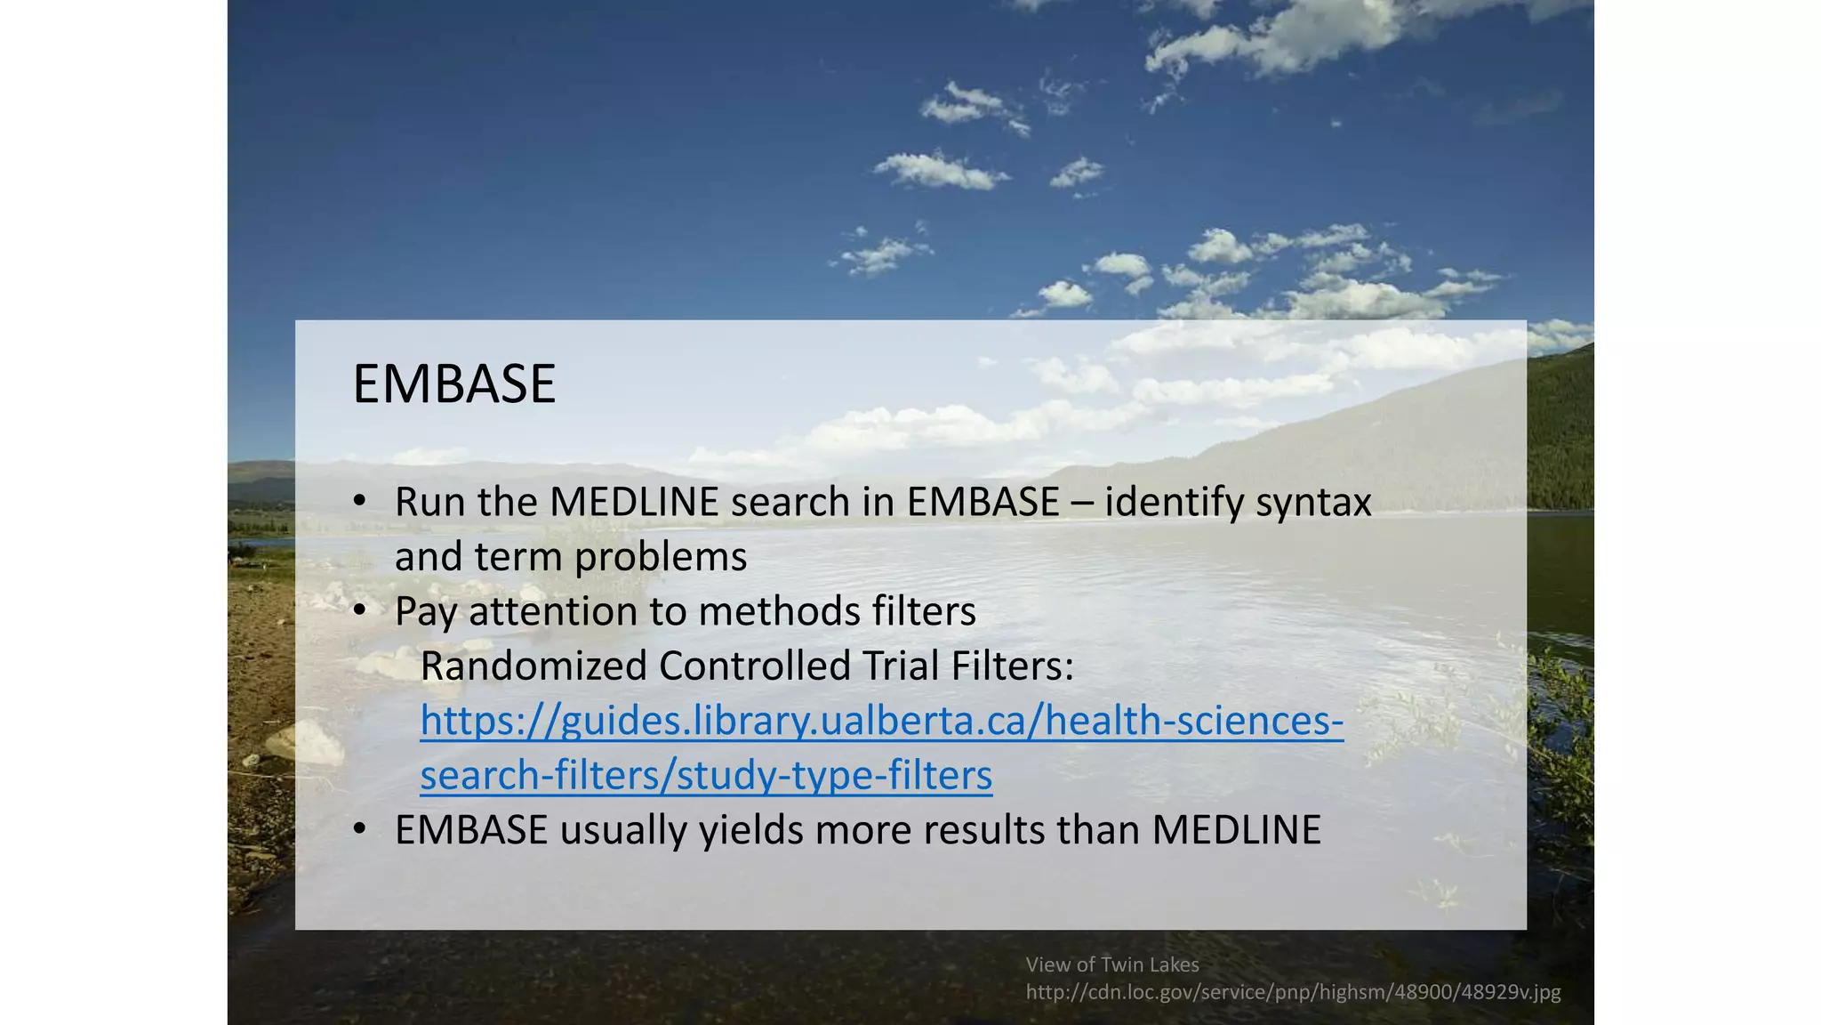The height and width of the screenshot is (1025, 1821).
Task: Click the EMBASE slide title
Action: coord(453,384)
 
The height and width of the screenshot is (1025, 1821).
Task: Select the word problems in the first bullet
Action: coord(660,558)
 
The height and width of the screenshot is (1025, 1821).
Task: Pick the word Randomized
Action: coord(533,666)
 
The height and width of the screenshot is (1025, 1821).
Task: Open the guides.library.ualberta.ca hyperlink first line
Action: coord(881,721)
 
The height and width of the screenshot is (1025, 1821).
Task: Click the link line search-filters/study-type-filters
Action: coord(706,775)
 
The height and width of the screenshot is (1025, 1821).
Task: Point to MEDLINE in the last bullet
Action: coord(1237,831)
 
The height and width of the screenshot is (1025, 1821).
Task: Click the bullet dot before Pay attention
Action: coord(359,611)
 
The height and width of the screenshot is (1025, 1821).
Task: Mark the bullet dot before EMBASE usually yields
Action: coord(359,830)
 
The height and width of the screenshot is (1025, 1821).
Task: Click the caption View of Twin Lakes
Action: coord(1112,964)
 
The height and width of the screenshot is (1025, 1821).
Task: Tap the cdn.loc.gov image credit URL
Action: coord(1293,992)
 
